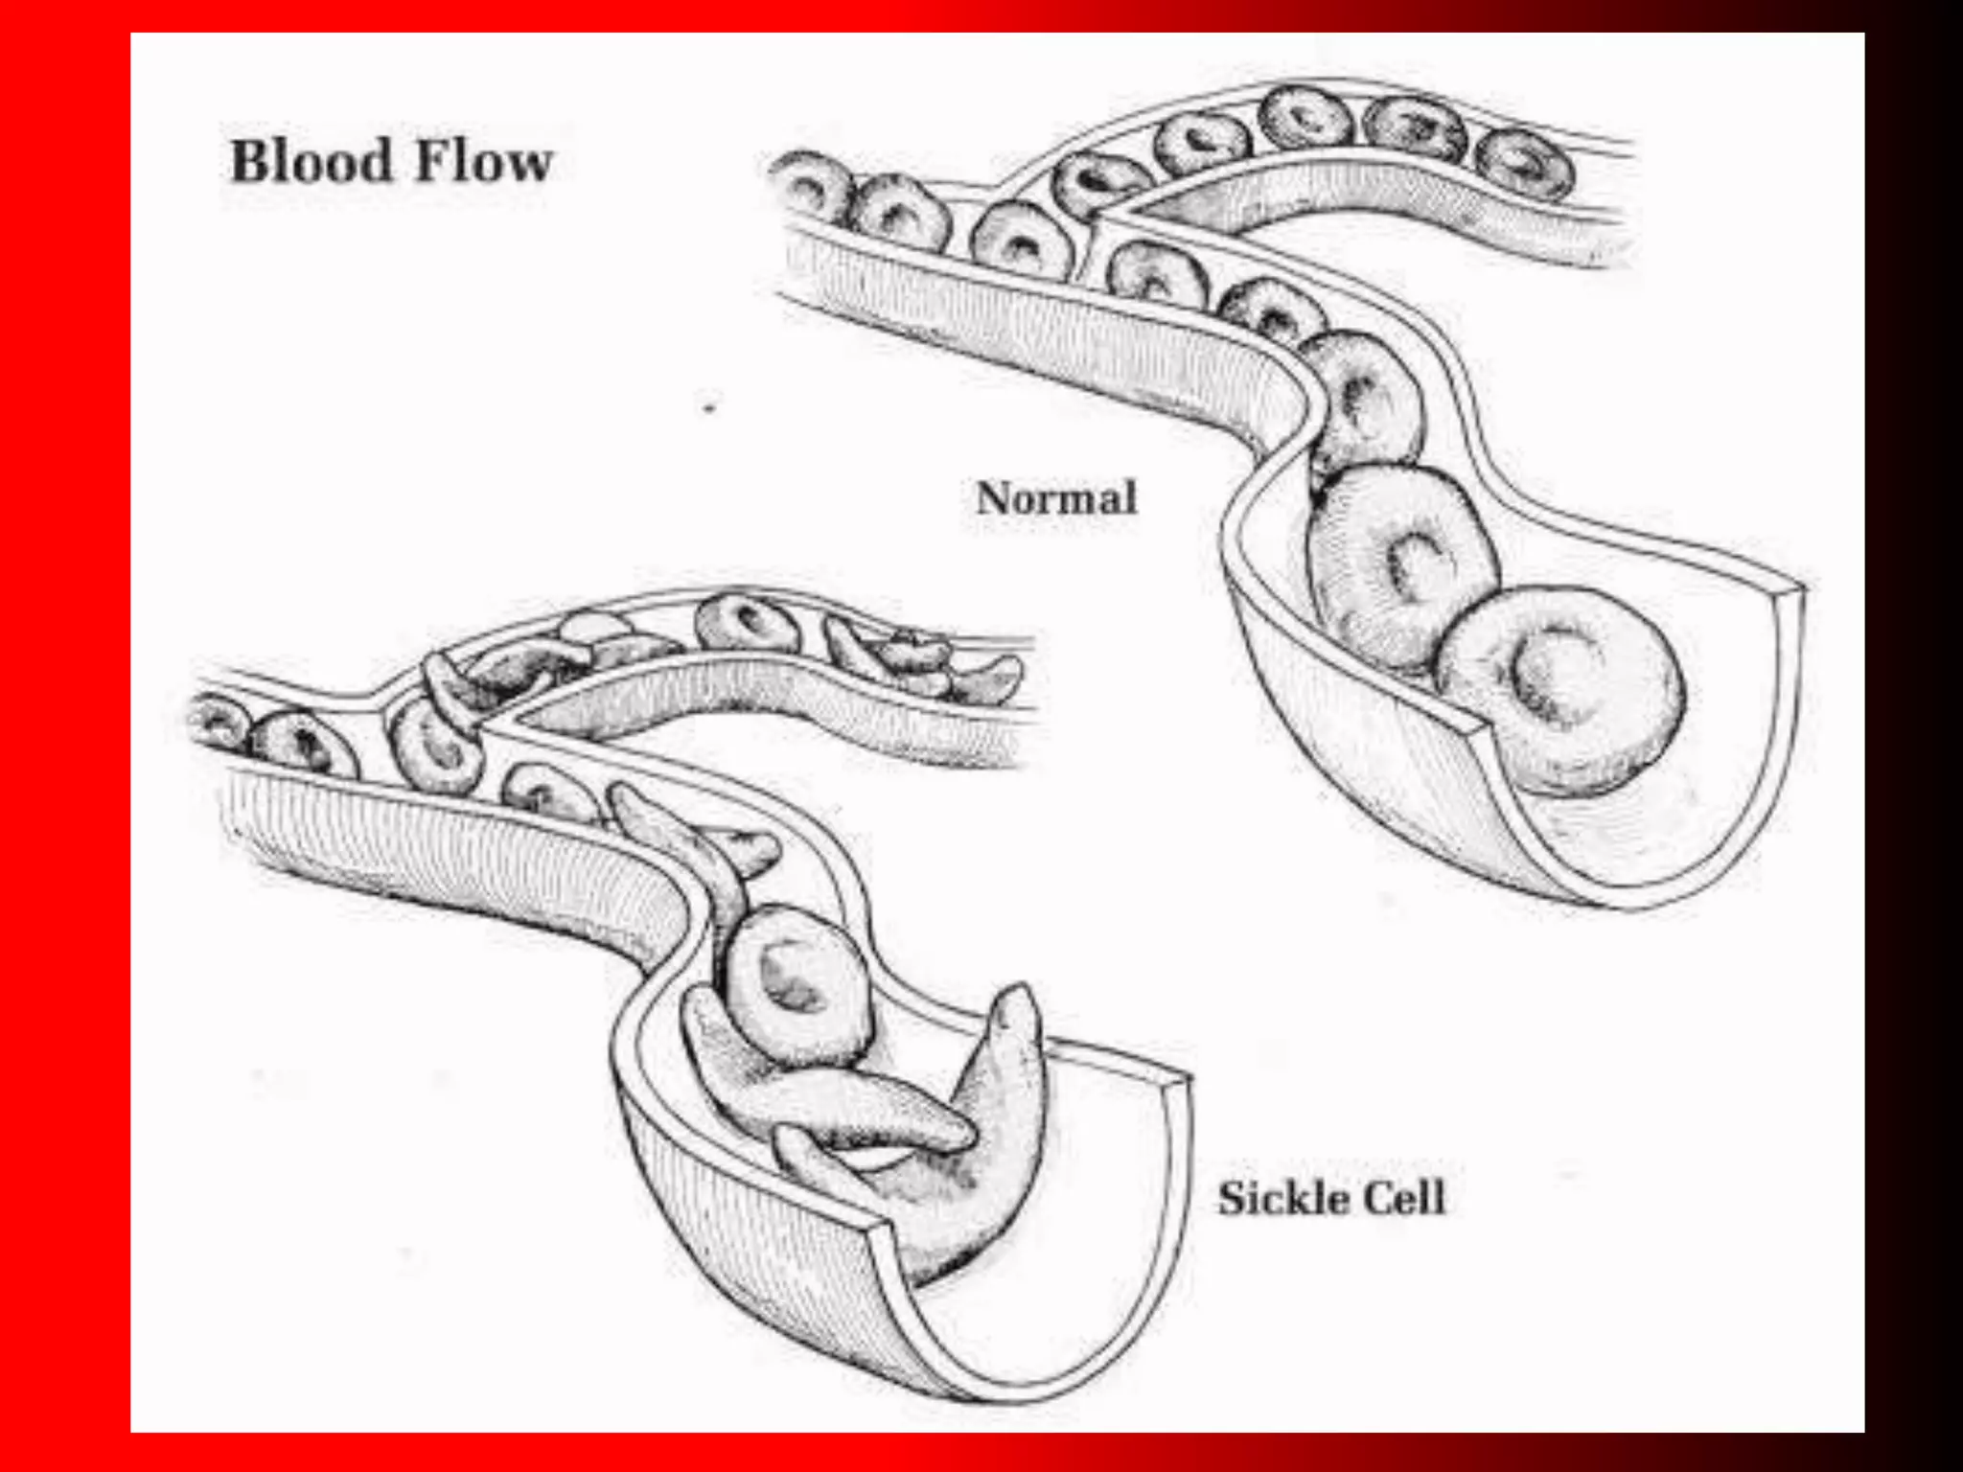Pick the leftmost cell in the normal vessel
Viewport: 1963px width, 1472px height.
[810, 187]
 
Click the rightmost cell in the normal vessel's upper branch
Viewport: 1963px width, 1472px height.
[1524, 166]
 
